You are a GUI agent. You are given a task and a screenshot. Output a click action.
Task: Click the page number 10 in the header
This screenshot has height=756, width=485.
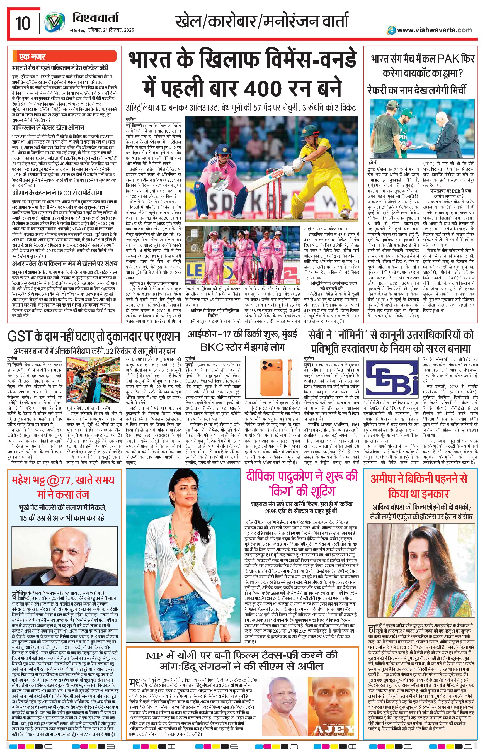23,24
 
